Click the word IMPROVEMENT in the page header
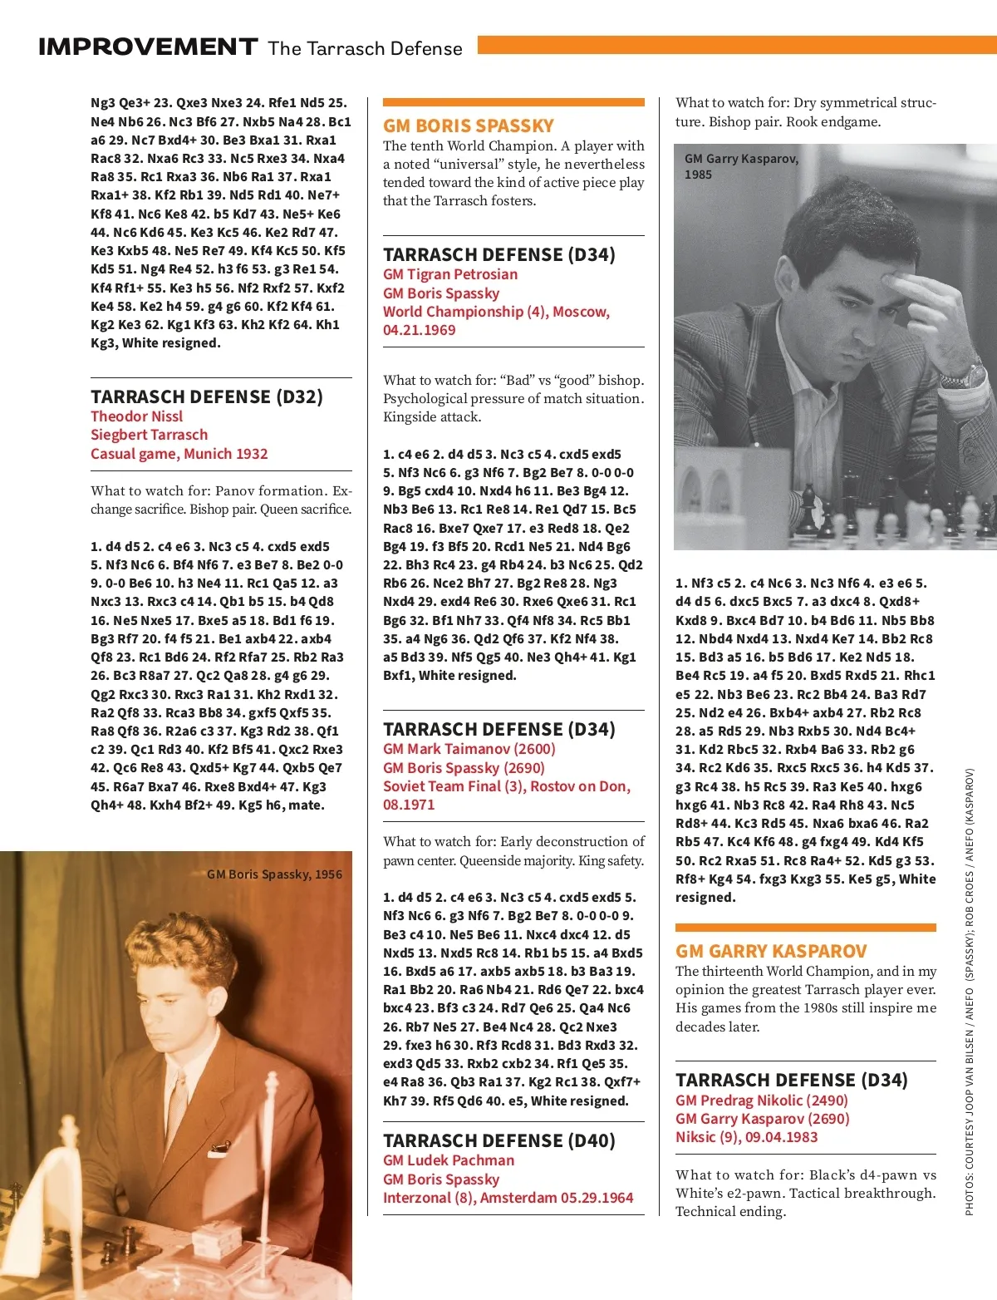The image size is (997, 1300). pyautogui.click(x=148, y=47)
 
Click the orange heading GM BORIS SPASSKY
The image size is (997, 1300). pyautogui.click(x=468, y=126)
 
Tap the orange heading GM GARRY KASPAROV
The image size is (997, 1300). pyautogui.click(x=770, y=951)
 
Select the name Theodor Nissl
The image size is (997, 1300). pyautogui.click(x=136, y=416)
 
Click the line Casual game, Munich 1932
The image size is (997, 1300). pyautogui.click(x=179, y=454)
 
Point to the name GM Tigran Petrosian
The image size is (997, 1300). pyautogui.click(x=449, y=274)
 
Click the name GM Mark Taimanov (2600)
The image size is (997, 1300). pyautogui.click(x=469, y=749)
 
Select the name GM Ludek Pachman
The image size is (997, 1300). pyautogui.click(x=448, y=1160)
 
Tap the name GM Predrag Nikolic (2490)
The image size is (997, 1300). pyautogui.click(x=761, y=1101)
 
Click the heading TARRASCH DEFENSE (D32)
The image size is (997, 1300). pyautogui.click(x=206, y=396)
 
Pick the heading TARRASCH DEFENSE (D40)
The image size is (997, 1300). pyautogui.click(x=498, y=1140)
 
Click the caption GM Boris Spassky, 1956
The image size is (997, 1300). pyautogui.click(x=274, y=874)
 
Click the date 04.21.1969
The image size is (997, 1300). pyautogui.click(x=419, y=330)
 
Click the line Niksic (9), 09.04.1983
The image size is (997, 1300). pyautogui.click(x=746, y=1137)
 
